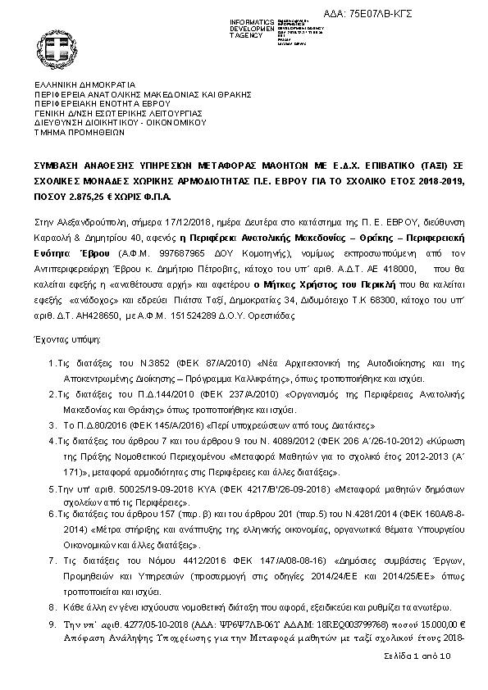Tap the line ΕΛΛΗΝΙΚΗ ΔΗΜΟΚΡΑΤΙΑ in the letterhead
point(84,84)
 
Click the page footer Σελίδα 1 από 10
point(417,658)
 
